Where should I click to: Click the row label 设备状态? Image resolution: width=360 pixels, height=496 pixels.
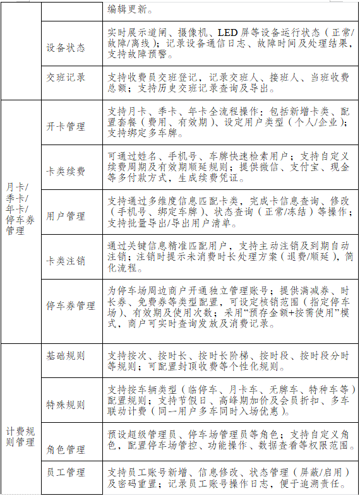pos(66,47)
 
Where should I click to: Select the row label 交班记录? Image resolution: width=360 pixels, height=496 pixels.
pos(66,78)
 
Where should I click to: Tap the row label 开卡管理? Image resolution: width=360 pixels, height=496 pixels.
pos(66,126)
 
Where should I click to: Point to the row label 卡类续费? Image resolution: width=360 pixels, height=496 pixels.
pos(66,171)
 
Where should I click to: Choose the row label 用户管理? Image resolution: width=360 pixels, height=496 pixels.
pos(66,216)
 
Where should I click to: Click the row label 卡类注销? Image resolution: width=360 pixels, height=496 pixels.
pos(66,261)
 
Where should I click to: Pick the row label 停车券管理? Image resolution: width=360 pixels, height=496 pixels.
pos(71,306)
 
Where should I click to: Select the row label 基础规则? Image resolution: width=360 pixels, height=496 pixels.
pos(66,356)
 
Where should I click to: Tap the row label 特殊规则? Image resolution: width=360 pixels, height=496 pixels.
pos(66,404)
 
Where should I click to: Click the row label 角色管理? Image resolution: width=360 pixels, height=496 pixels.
pos(66,449)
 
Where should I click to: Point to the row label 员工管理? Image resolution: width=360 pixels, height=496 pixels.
pos(66,472)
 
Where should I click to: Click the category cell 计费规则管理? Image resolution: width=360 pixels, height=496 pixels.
pos(20,436)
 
